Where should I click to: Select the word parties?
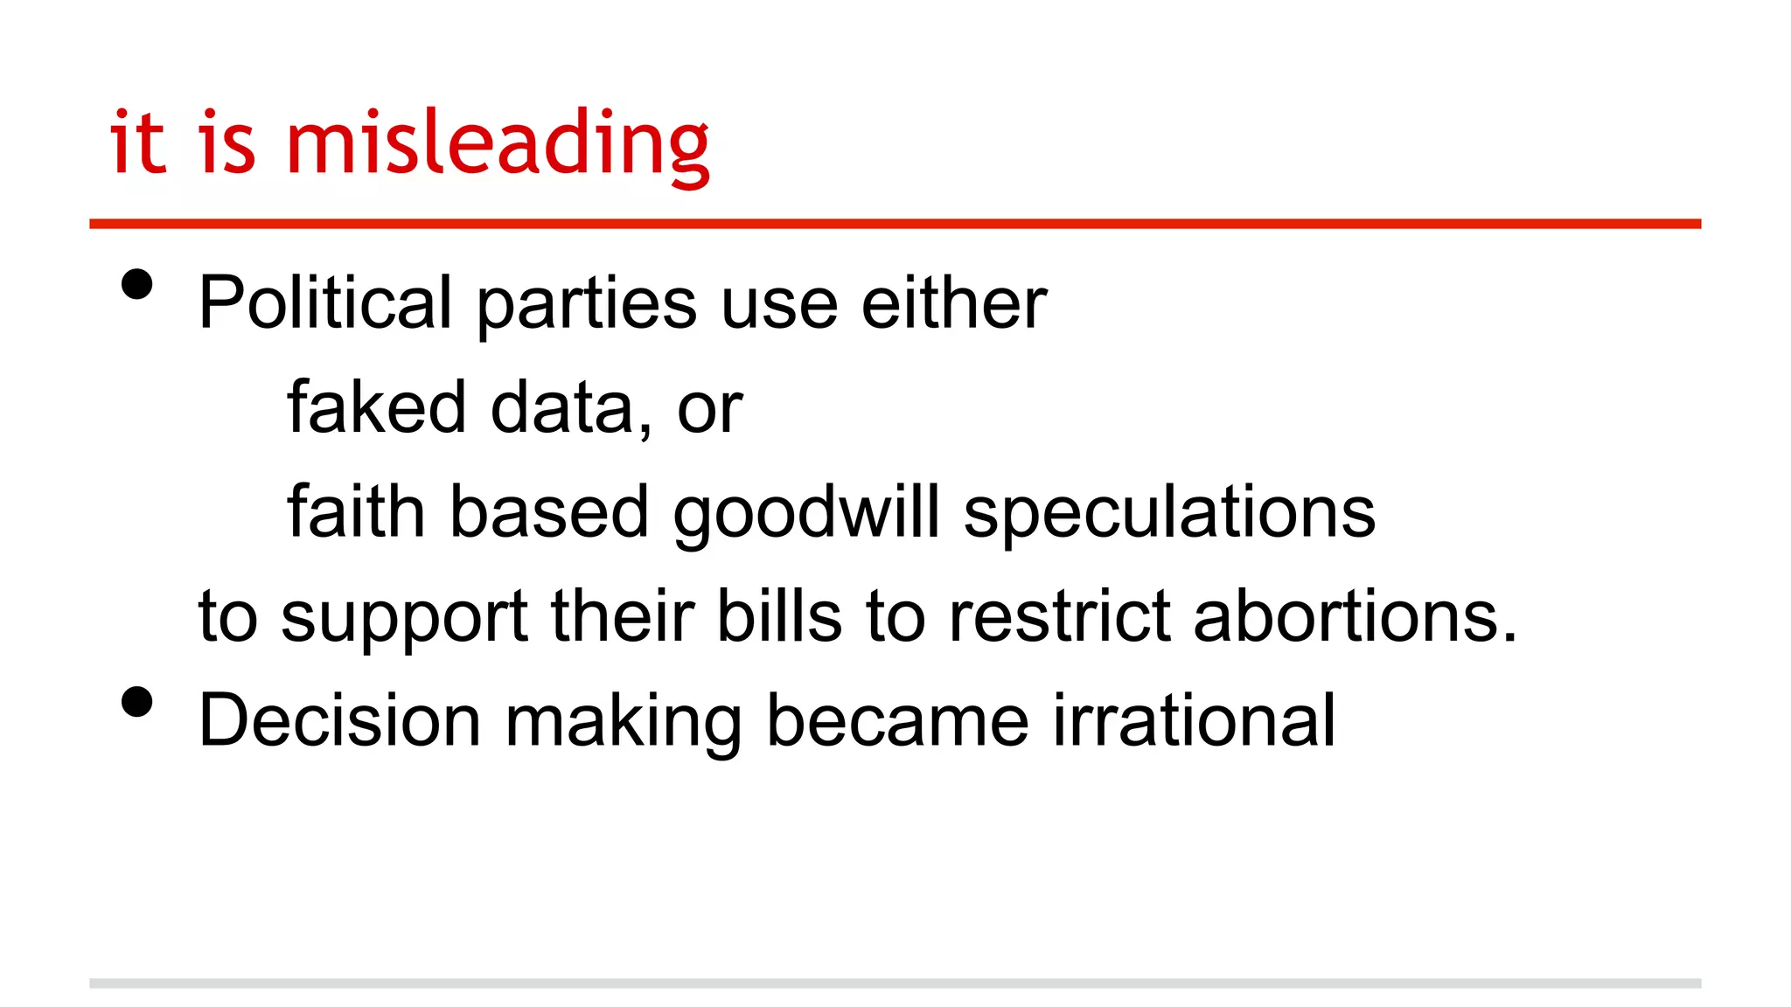point(586,304)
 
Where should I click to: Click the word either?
point(953,302)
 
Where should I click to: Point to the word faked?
point(376,407)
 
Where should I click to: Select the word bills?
point(779,615)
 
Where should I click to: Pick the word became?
point(897,720)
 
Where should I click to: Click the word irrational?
point(1194,720)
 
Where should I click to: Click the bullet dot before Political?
point(137,284)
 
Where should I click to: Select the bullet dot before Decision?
point(137,702)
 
